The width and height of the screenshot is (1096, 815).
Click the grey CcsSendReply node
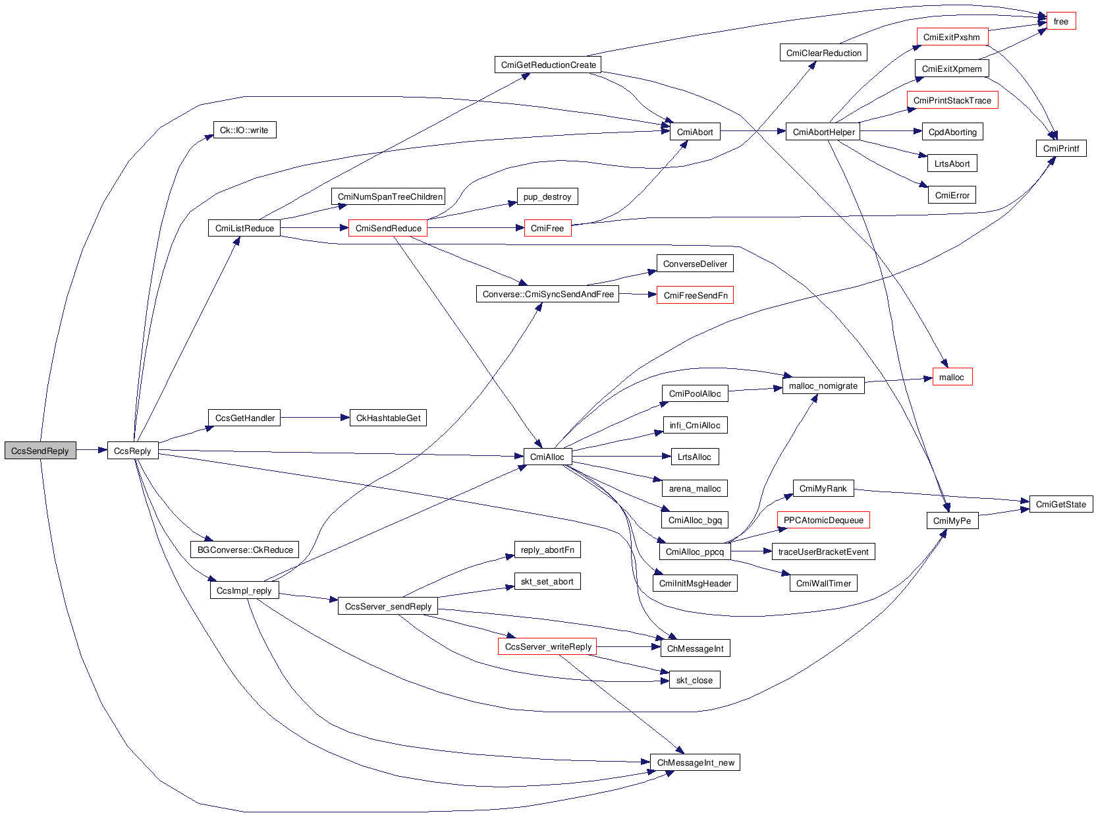point(40,451)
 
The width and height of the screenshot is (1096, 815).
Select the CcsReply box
point(132,451)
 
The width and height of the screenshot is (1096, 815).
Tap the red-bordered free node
point(1060,22)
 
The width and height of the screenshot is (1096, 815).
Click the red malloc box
point(952,378)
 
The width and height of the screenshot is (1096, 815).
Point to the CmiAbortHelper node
point(823,132)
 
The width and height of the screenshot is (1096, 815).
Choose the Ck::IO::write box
point(244,130)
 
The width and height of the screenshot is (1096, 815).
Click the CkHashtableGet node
point(388,418)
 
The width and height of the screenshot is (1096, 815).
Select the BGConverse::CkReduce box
point(245,549)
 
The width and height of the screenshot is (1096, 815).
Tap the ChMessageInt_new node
point(695,762)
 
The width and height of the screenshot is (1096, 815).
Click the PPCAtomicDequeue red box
point(823,520)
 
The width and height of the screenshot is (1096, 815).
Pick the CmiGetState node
point(1060,504)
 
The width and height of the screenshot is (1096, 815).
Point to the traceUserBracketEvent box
point(823,551)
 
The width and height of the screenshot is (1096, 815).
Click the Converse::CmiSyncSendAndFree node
point(547,294)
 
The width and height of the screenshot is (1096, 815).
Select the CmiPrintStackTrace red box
point(952,100)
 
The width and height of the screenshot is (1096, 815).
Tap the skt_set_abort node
point(547,581)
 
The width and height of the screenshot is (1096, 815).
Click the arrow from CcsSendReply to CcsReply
point(92,451)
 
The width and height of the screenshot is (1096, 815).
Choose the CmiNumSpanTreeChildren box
point(389,196)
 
